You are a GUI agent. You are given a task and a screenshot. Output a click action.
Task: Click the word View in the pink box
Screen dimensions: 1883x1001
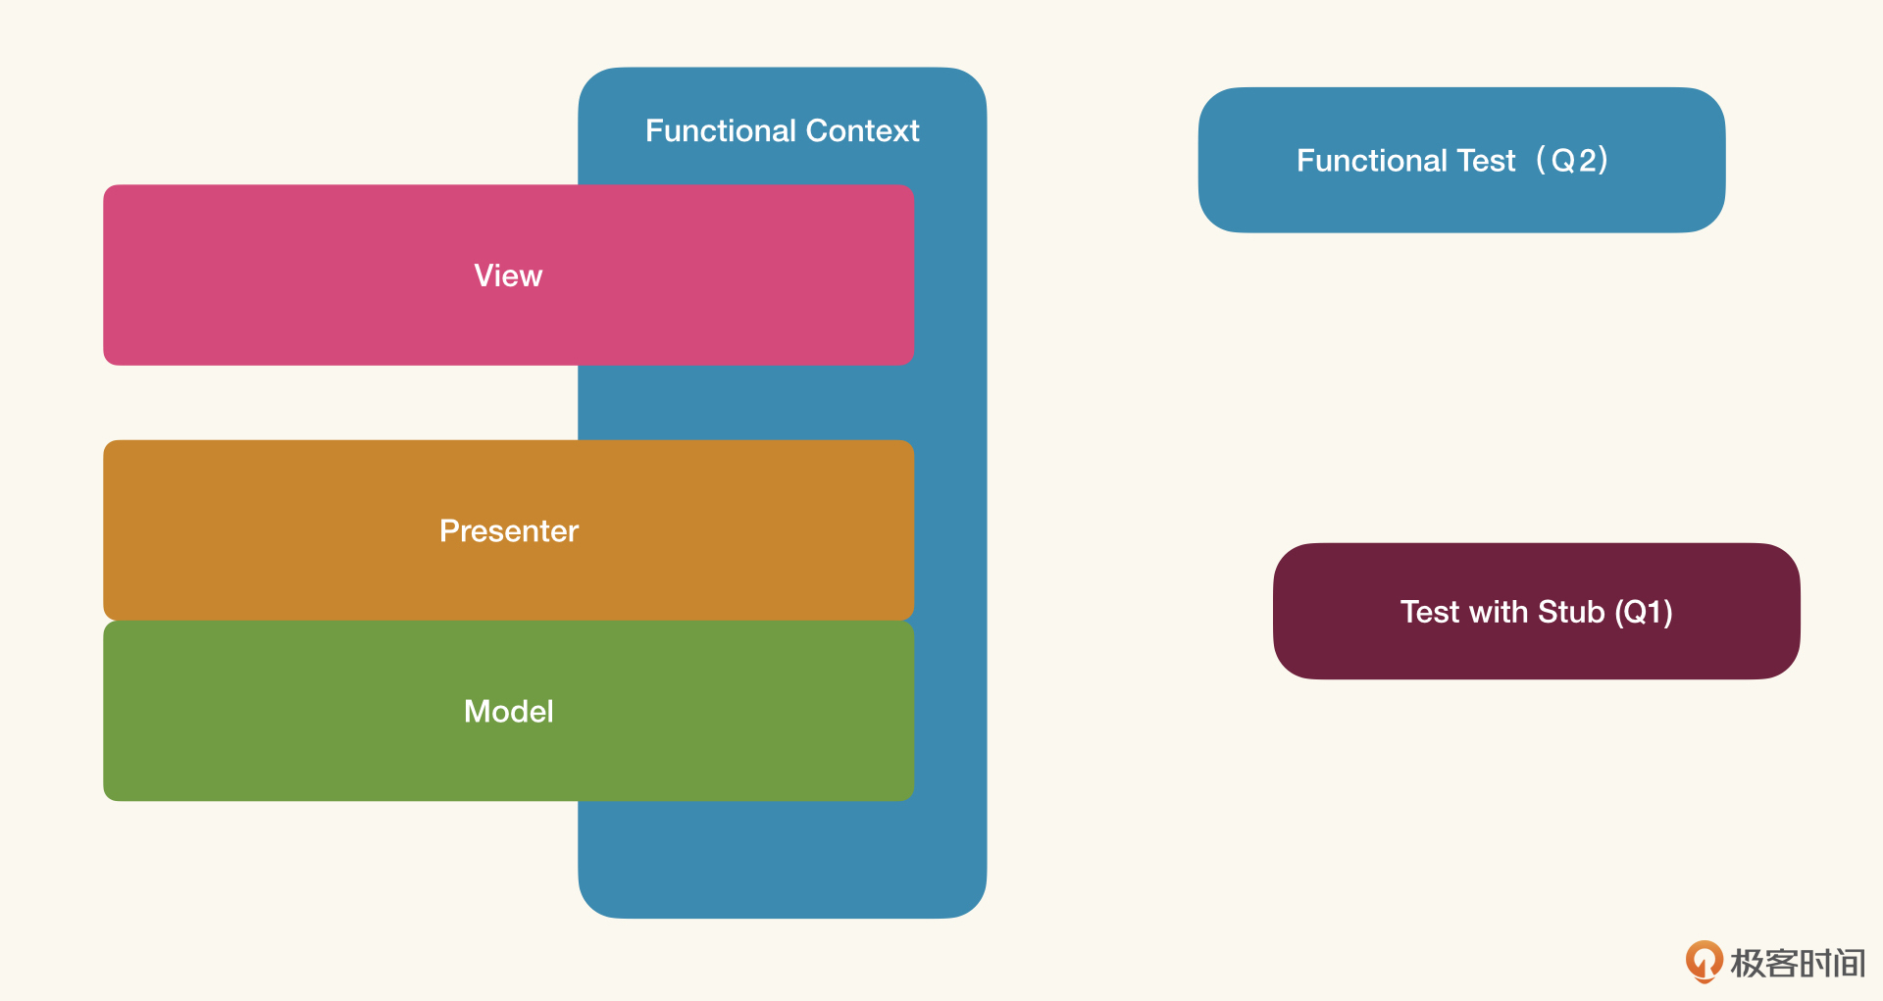[x=508, y=275]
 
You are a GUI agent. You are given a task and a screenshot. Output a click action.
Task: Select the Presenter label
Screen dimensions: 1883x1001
[x=509, y=530]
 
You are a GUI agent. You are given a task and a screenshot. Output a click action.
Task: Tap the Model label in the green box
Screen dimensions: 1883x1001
[x=509, y=711]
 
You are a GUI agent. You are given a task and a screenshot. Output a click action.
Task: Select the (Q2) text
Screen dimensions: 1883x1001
[x=1572, y=160]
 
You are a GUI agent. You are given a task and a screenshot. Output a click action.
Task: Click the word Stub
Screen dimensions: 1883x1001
[x=1571, y=612]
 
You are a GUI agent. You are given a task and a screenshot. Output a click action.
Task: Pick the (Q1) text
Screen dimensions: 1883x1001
[x=1644, y=612]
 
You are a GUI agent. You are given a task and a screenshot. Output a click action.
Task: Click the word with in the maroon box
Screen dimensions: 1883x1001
[x=1499, y=612]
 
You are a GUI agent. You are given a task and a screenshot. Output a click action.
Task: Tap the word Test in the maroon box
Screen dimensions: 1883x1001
[x=1430, y=612]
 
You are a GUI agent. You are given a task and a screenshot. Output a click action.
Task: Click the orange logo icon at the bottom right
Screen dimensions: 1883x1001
[x=1705, y=962]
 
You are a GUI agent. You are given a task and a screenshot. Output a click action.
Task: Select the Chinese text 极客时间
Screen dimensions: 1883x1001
[x=1798, y=963]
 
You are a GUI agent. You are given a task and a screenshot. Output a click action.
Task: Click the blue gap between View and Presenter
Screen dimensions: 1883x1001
[x=745, y=403]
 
